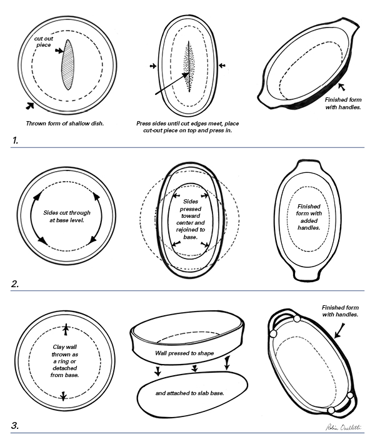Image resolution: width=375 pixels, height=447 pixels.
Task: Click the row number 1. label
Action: click(x=15, y=140)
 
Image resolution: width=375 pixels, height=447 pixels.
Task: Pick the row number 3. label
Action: click(x=16, y=427)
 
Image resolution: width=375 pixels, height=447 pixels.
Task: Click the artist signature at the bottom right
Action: click(x=339, y=427)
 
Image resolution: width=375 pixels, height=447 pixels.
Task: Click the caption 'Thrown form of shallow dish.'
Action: click(x=64, y=123)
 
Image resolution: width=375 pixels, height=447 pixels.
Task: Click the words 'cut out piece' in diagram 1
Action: click(x=43, y=42)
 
